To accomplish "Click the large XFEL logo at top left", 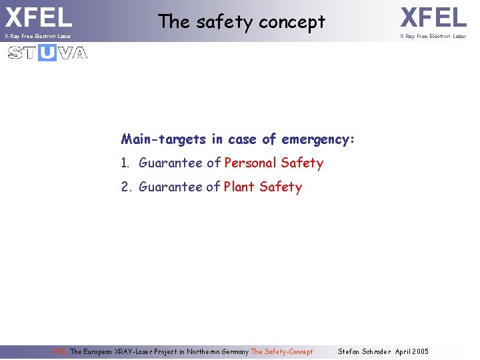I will click(38, 17).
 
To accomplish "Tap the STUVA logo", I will click(47, 53).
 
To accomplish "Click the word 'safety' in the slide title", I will click(225, 21).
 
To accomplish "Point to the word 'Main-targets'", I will click(164, 139).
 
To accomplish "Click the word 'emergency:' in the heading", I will click(318, 139).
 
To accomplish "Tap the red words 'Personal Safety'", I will click(273, 163).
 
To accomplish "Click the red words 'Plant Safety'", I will click(263, 187).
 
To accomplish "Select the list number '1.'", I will click(127, 163).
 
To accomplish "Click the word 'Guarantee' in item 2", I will click(171, 187).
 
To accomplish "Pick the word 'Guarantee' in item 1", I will click(171, 163).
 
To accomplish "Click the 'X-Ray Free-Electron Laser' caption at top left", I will click(37, 36).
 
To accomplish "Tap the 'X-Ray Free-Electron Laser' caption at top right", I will click(433, 36).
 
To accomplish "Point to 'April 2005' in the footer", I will click(412, 351).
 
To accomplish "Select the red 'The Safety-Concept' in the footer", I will click(281, 351).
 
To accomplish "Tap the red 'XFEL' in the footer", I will click(59, 351).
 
